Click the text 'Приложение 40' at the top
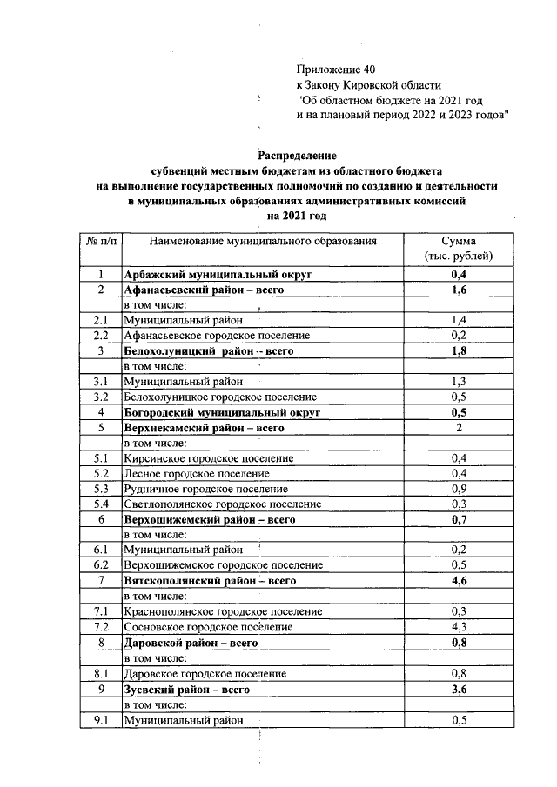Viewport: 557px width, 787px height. tap(337, 69)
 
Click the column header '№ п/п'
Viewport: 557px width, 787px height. tap(101, 240)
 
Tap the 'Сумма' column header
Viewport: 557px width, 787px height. tap(458, 240)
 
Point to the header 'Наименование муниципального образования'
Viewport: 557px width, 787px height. tap(262, 240)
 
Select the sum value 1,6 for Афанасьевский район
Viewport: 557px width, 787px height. tap(458, 290)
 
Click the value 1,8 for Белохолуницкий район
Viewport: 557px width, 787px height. tap(458, 350)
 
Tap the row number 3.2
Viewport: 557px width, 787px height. tap(101, 397)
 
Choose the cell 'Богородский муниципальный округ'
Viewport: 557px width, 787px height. tap(222, 411)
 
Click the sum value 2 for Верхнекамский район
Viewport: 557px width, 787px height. tap(458, 427)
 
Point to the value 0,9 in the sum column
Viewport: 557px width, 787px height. tap(458, 488)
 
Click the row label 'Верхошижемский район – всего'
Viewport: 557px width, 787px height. tap(210, 519)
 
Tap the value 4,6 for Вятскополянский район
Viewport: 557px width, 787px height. tap(458, 580)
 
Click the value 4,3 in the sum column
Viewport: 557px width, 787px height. tap(458, 626)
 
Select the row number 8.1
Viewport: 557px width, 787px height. tap(101, 673)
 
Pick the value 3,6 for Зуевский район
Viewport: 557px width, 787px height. tap(458, 688)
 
